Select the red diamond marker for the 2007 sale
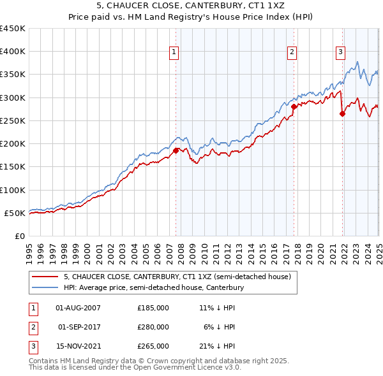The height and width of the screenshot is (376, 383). coord(176,151)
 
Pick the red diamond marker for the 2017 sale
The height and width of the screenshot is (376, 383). coord(294,107)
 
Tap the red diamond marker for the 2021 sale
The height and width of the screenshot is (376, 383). coord(343,114)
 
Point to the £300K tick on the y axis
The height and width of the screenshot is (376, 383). coord(13,98)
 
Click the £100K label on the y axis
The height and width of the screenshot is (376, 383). coord(13,190)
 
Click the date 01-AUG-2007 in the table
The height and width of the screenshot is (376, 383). coord(79,307)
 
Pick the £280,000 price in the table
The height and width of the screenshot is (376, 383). coord(153,327)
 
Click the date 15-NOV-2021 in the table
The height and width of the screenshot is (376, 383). coord(79,347)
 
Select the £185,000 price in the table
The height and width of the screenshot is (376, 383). coord(153,307)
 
